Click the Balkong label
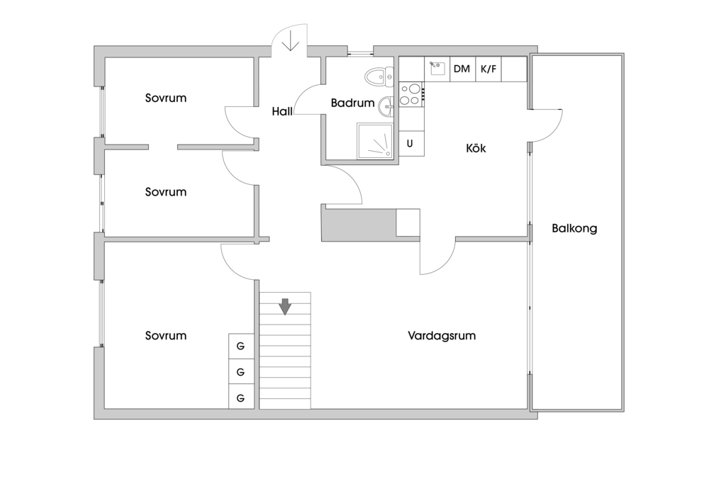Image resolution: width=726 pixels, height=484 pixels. (x=574, y=229)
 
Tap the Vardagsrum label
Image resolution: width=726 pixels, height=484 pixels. (x=441, y=336)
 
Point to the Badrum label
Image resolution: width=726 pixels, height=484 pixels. (x=352, y=103)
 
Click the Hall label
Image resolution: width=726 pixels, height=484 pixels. (x=283, y=111)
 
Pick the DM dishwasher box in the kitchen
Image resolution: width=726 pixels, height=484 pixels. (x=462, y=69)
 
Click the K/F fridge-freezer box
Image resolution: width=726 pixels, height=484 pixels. (x=488, y=69)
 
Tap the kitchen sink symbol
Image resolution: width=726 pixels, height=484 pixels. (x=437, y=69)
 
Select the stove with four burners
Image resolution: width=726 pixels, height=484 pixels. (x=411, y=94)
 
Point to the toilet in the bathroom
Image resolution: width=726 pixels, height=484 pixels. (x=379, y=75)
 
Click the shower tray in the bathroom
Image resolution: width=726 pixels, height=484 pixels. (x=375, y=141)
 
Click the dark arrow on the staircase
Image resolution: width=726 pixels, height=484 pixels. (x=285, y=306)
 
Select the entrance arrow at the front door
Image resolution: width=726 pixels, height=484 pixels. (x=289, y=44)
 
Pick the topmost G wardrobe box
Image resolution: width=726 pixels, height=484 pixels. (x=240, y=347)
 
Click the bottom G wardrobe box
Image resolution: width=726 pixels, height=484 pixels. (x=240, y=398)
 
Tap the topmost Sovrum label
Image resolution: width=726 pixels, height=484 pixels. (x=166, y=98)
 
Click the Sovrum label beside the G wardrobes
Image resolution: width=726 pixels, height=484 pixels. (x=166, y=336)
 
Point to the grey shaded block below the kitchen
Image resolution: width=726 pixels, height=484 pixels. (x=358, y=224)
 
